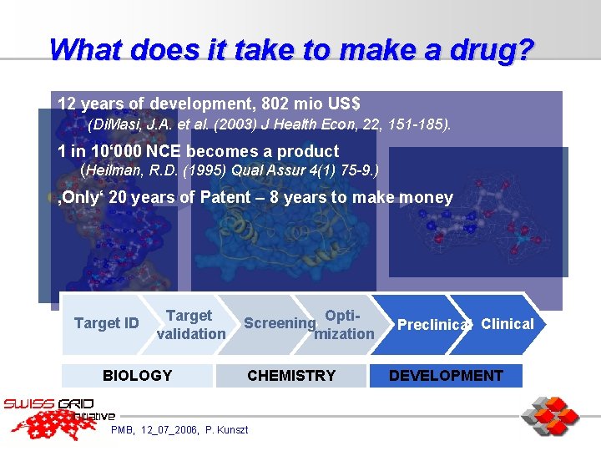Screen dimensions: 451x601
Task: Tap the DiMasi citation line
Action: [269, 125]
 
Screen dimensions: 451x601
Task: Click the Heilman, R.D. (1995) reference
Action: [229, 170]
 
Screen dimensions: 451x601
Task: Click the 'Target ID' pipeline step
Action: [106, 323]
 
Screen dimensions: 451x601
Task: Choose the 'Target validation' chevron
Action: [190, 325]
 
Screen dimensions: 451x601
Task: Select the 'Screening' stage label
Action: [279, 323]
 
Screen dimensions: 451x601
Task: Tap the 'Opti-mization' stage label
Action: [344, 325]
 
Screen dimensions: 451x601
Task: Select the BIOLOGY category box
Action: [137, 376]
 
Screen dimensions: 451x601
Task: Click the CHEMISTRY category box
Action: [291, 376]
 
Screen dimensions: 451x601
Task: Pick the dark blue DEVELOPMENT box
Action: [446, 376]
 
